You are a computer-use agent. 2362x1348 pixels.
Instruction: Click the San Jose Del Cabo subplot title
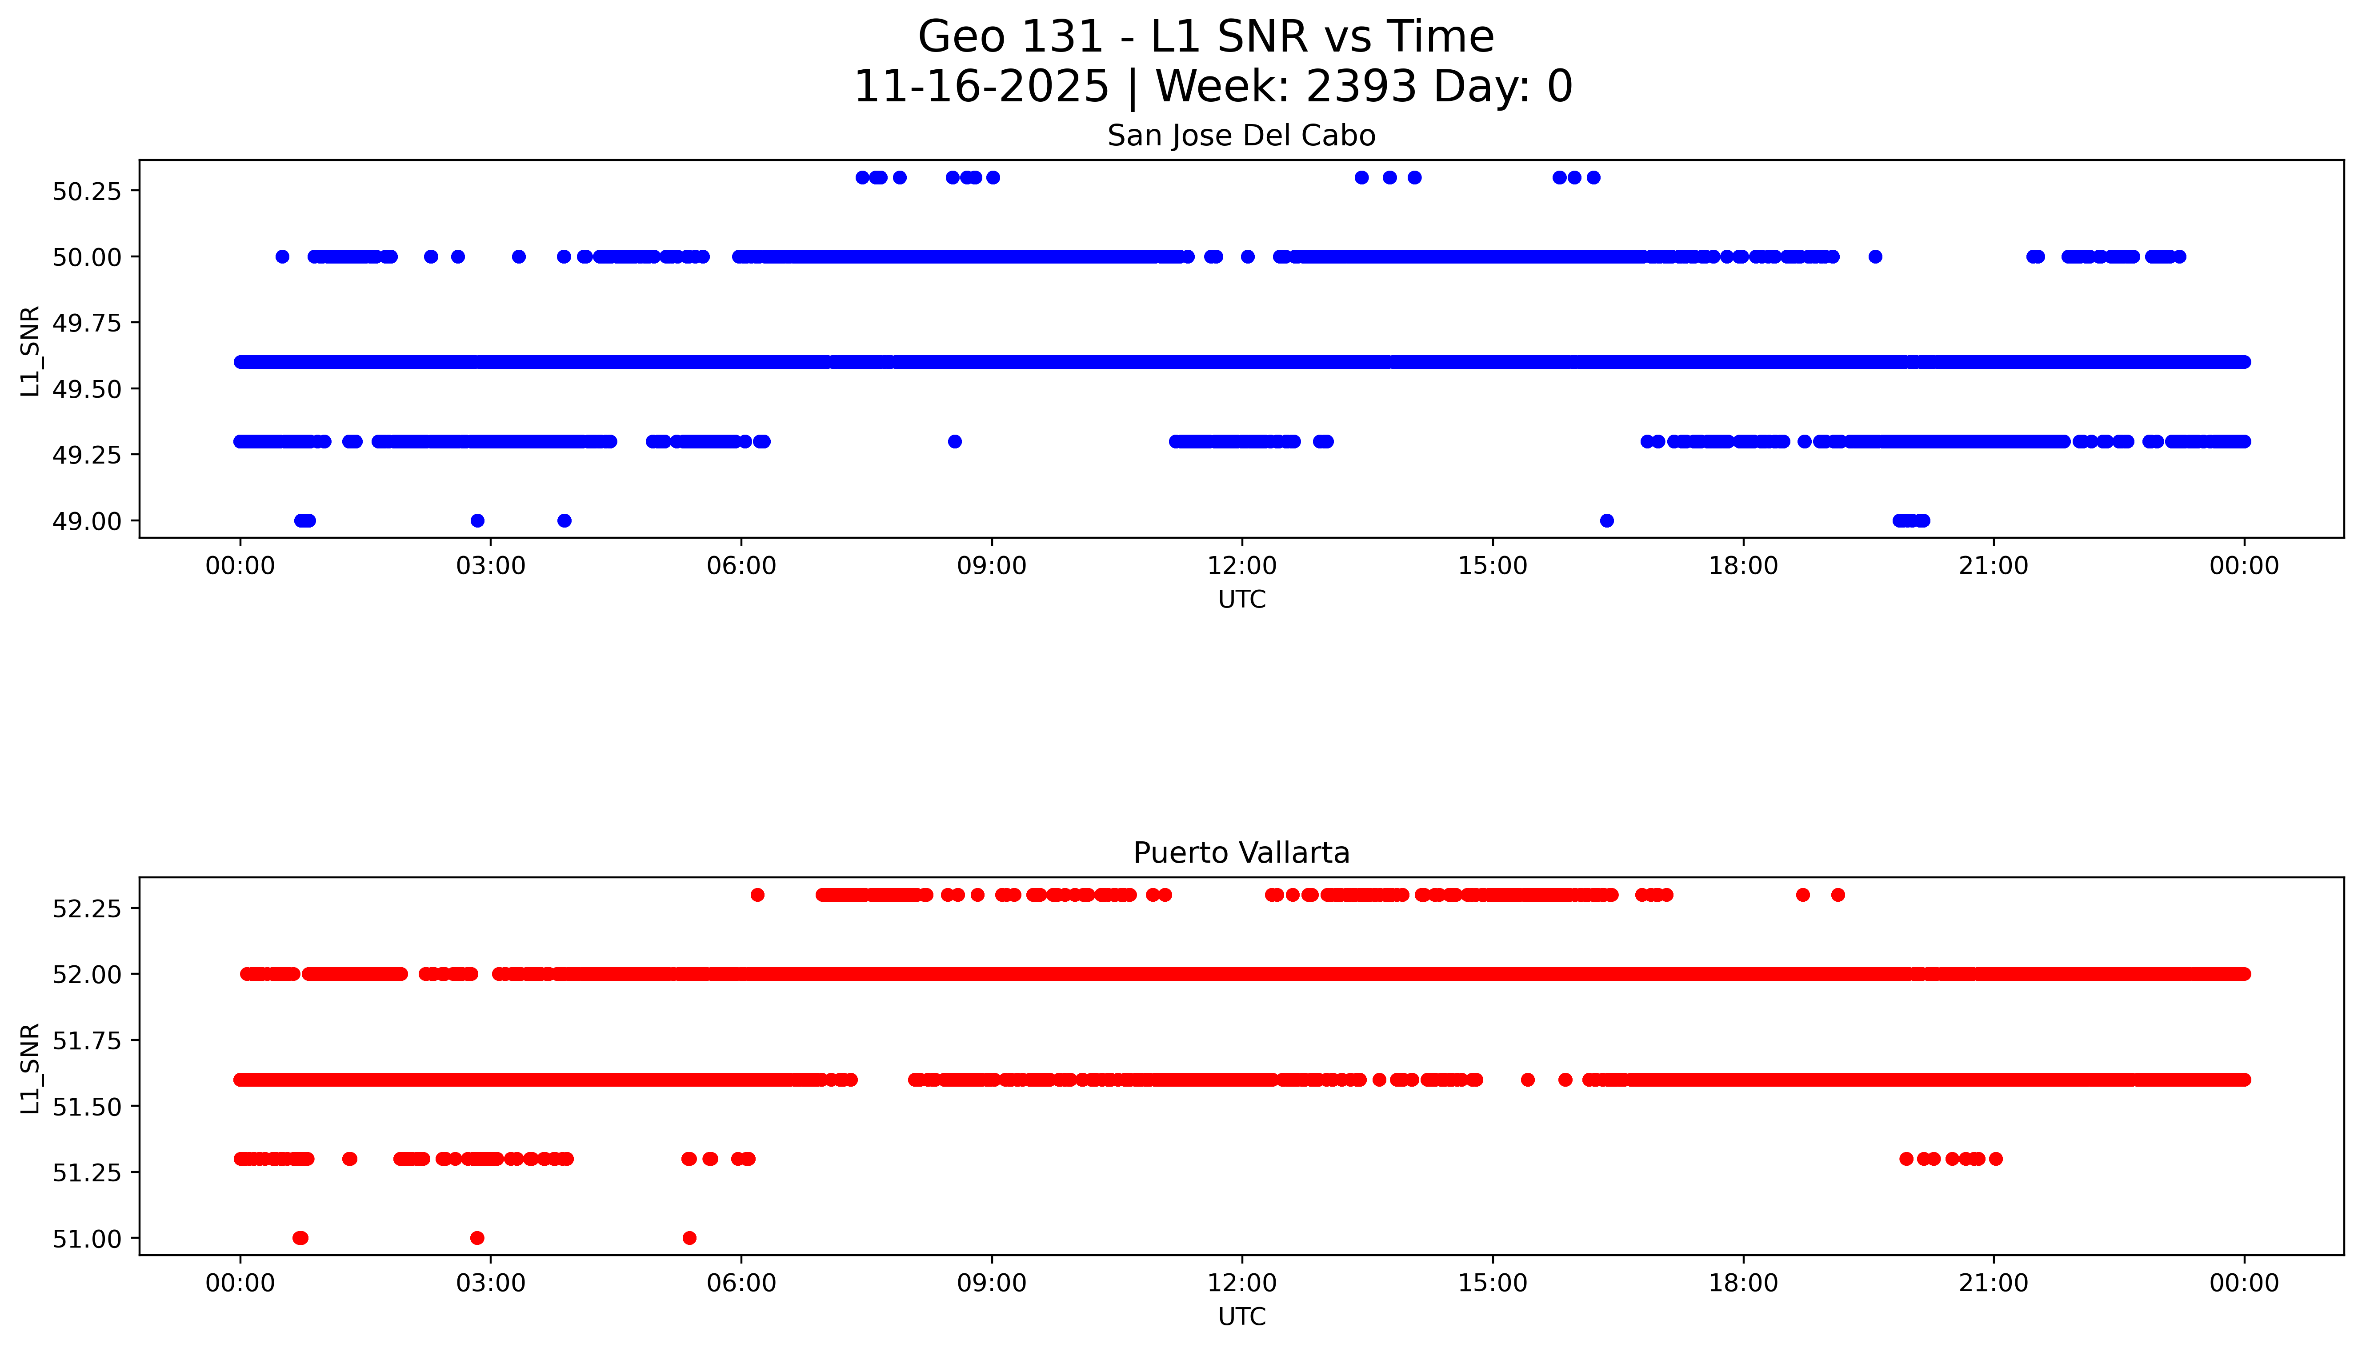pyautogui.click(x=1241, y=136)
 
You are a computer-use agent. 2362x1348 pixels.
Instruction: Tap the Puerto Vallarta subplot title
pyautogui.click(x=1241, y=853)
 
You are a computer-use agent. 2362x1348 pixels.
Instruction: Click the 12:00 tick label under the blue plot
pyautogui.click(x=1241, y=566)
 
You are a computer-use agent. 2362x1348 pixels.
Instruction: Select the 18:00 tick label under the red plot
pyautogui.click(x=1742, y=1283)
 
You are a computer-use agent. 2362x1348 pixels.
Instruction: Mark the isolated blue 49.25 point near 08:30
pyautogui.click(x=955, y=442)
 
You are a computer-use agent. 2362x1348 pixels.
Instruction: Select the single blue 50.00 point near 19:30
pyautogui.click(x=1875, y=256)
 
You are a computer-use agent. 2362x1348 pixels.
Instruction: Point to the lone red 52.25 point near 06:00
pyautogui.click(x=757, y=894)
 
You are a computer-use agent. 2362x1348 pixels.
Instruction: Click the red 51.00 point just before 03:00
pyautogui.click(x=477, y=1238)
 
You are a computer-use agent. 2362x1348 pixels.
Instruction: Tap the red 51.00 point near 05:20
pyautogui.click(x=689, y=1238)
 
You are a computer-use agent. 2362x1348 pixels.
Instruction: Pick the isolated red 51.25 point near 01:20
pyautogui.click(x=349, y=1158)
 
